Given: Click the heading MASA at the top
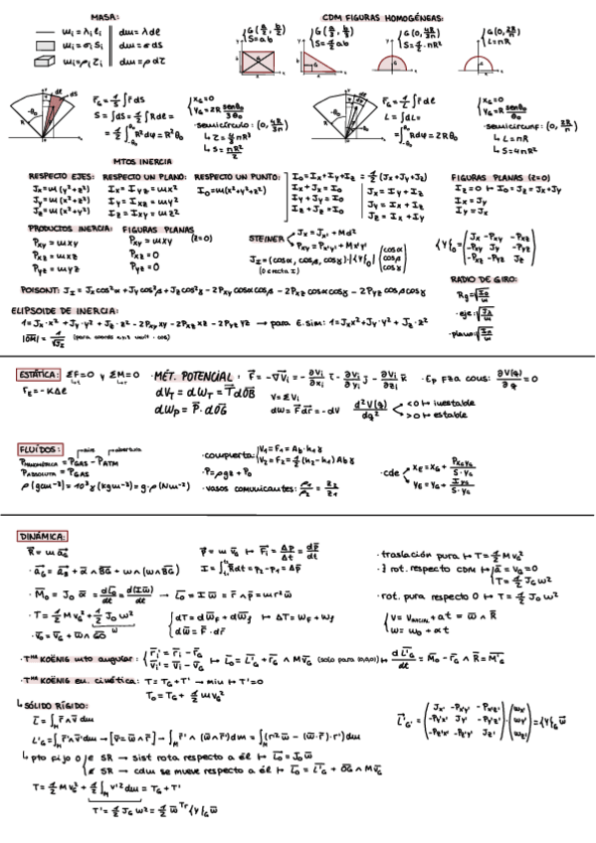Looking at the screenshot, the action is tap(104, 17).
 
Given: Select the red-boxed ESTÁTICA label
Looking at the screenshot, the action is tap(42, 375).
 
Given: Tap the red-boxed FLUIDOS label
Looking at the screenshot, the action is tap(41, 449).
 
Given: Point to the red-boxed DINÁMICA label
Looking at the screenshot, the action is tap(42, 536).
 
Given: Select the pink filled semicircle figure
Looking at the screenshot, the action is tap(397, 65).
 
